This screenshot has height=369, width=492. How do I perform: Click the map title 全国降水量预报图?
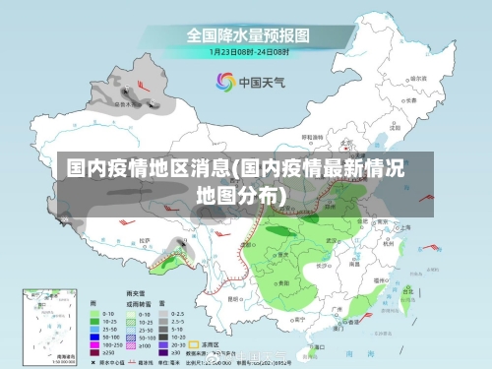pyautogui.click(x=248, y=34)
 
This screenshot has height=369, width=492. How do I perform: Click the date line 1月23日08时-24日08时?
pyautogui.click(x=248, y=51)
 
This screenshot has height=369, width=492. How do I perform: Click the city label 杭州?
pyautogui.click(x=386, y=239)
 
